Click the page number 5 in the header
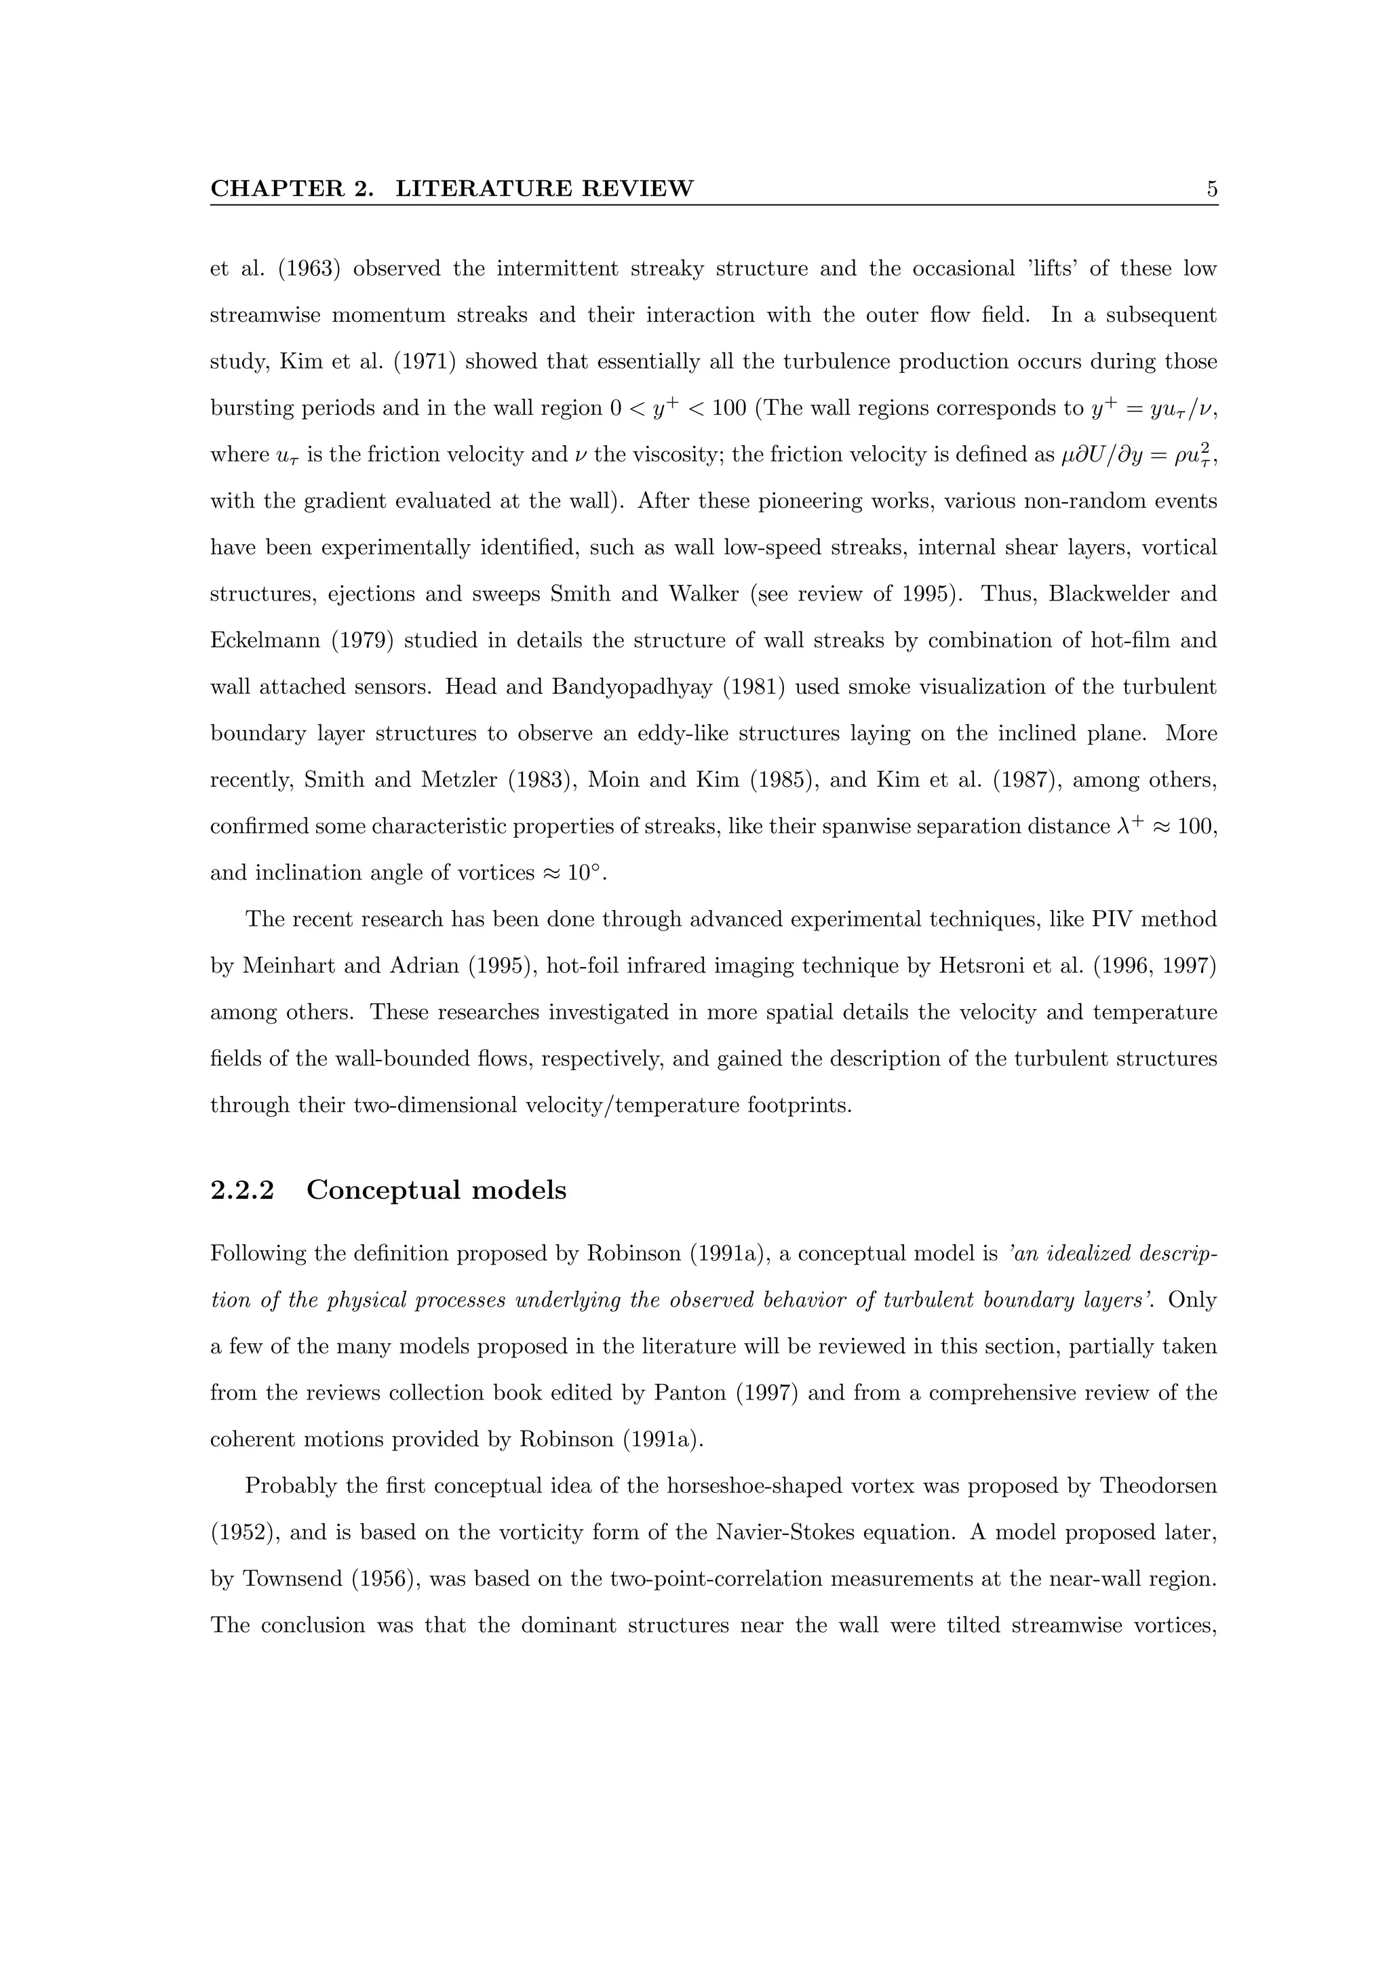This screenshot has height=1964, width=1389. coord(1211,189)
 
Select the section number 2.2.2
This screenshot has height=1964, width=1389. coord(242,1190)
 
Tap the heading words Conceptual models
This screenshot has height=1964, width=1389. coord(437,1190)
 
